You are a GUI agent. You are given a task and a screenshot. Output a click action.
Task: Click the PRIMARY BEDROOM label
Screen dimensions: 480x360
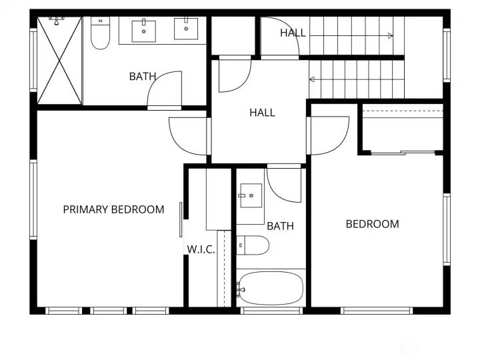click(x=113, y=210)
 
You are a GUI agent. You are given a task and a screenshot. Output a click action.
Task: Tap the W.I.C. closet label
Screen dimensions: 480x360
click(x=201, y=249)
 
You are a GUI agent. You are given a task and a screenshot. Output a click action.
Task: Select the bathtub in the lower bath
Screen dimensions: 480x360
click(x=271, y=289)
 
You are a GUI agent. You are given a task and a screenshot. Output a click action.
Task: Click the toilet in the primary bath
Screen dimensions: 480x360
click(x=100, y=33)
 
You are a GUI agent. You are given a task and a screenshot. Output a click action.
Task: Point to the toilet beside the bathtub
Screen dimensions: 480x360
click(x=253, y=245)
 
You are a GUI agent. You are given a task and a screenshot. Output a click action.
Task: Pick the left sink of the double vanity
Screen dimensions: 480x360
click(x=143, y=31)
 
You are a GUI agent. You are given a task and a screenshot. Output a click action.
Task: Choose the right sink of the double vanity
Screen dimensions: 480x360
click(x=186, y=29)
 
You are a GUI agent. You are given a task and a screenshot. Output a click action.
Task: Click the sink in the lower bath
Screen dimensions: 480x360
click(x=251, y=195)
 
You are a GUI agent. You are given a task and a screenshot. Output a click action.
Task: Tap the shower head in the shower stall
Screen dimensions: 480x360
click(x=56, y=21)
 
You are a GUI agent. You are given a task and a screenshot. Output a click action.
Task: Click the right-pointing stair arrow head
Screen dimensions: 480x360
click(x=390, y=36)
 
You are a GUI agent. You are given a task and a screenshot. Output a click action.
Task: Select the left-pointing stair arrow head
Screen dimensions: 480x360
click(x=312, y=79)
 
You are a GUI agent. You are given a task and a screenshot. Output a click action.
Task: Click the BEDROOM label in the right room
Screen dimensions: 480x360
click(x=372, y=224)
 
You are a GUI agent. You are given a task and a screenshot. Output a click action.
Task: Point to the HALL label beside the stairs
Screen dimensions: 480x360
click(x=293, y=33)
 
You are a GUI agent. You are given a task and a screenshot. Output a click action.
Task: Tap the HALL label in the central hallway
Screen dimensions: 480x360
click(x=262, y=113)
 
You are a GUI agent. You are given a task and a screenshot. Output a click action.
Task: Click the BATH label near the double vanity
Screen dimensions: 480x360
click(x=143, y=76)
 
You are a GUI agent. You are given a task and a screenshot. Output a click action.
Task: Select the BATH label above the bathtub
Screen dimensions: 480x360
click(x=280, y=226)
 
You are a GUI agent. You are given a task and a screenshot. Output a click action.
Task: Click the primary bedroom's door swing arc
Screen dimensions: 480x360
click(x=175, y=141)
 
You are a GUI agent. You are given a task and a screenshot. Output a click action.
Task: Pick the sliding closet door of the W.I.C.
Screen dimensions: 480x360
click(x=181, y=219)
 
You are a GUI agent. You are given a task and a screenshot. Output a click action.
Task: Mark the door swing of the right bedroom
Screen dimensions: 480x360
click(x=342, y=141)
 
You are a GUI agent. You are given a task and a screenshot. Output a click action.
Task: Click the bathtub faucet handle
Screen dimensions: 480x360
click(x=240, y=289)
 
